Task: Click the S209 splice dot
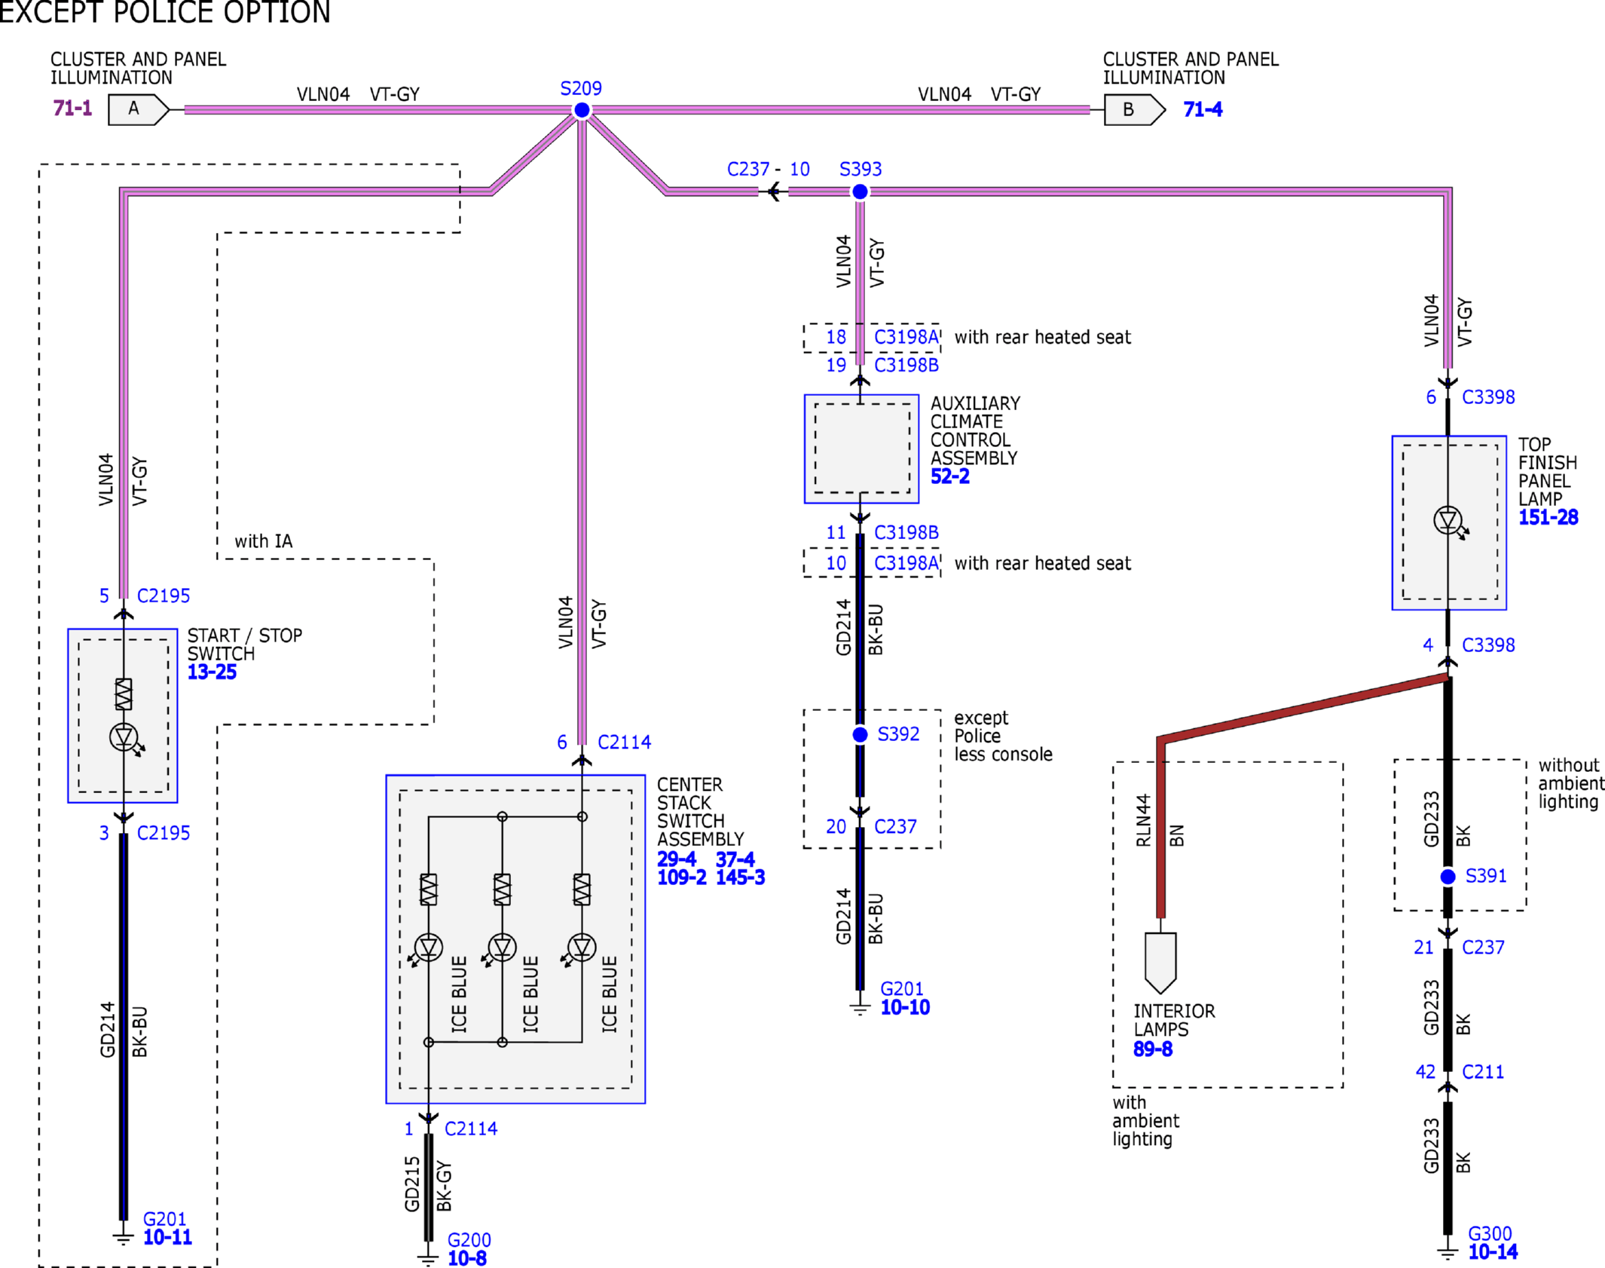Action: (x=582, y=111)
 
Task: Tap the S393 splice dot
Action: (x=860, y=192)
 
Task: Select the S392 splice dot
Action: (x=860, y=734)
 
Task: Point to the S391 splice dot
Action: (x=1448, y=877)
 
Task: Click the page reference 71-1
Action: (x=72, y=109)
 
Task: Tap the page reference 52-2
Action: (x=949, y=476)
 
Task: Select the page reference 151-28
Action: (x=1548, y=517)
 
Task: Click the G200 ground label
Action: (x=469, y=1240)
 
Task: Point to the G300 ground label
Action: (x=1490, y=1233)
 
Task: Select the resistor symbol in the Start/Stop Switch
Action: (x=124, y=694)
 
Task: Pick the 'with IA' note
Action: (x=263, y=541)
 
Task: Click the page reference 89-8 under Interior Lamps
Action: (x=1153, y=1049)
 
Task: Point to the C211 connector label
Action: (x=1482, y=1072)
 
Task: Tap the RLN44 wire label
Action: (x=1143, y=820)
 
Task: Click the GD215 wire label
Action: (x=411, y=1184)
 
